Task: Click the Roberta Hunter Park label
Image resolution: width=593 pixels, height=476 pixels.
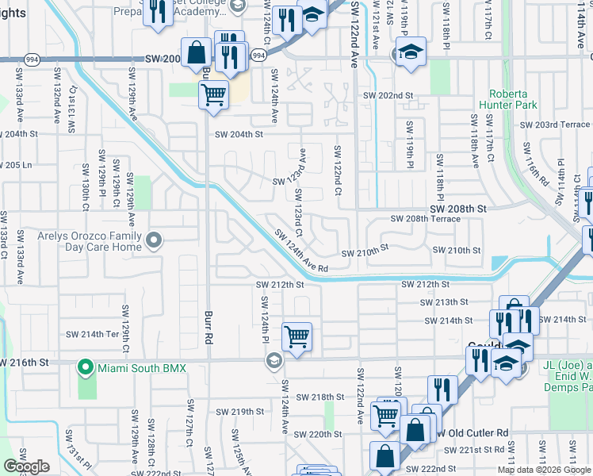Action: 513,98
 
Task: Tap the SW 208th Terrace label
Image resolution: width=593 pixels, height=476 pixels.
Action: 425,219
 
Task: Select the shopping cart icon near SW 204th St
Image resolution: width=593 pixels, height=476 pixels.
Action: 213,95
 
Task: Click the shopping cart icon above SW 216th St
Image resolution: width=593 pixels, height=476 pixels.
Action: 296,336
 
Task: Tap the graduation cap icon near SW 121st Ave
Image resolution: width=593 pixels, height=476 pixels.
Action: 410,52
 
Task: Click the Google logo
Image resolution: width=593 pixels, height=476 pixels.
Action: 26,466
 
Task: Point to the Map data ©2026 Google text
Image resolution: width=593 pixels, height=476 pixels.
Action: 543,470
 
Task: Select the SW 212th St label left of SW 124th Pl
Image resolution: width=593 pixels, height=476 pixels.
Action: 280,285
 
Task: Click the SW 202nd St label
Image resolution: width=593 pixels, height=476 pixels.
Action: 388,95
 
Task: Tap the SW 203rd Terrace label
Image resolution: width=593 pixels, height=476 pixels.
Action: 555,125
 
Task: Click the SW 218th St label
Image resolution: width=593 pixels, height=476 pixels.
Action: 319,397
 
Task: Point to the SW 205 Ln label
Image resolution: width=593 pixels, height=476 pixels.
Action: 16,165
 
